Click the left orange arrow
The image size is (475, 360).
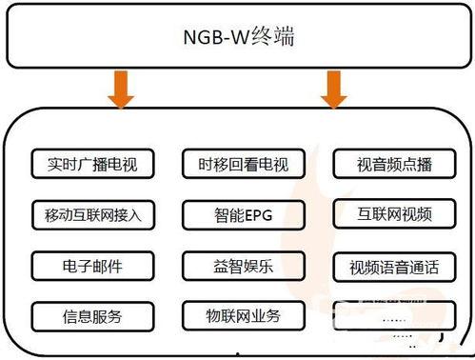click(122, 91)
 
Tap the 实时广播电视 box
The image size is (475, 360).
click(86, 165)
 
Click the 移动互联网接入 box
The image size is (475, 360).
click(86, 215)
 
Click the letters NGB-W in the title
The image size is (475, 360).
click(214, 39)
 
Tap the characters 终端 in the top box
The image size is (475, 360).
click(275, 39)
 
